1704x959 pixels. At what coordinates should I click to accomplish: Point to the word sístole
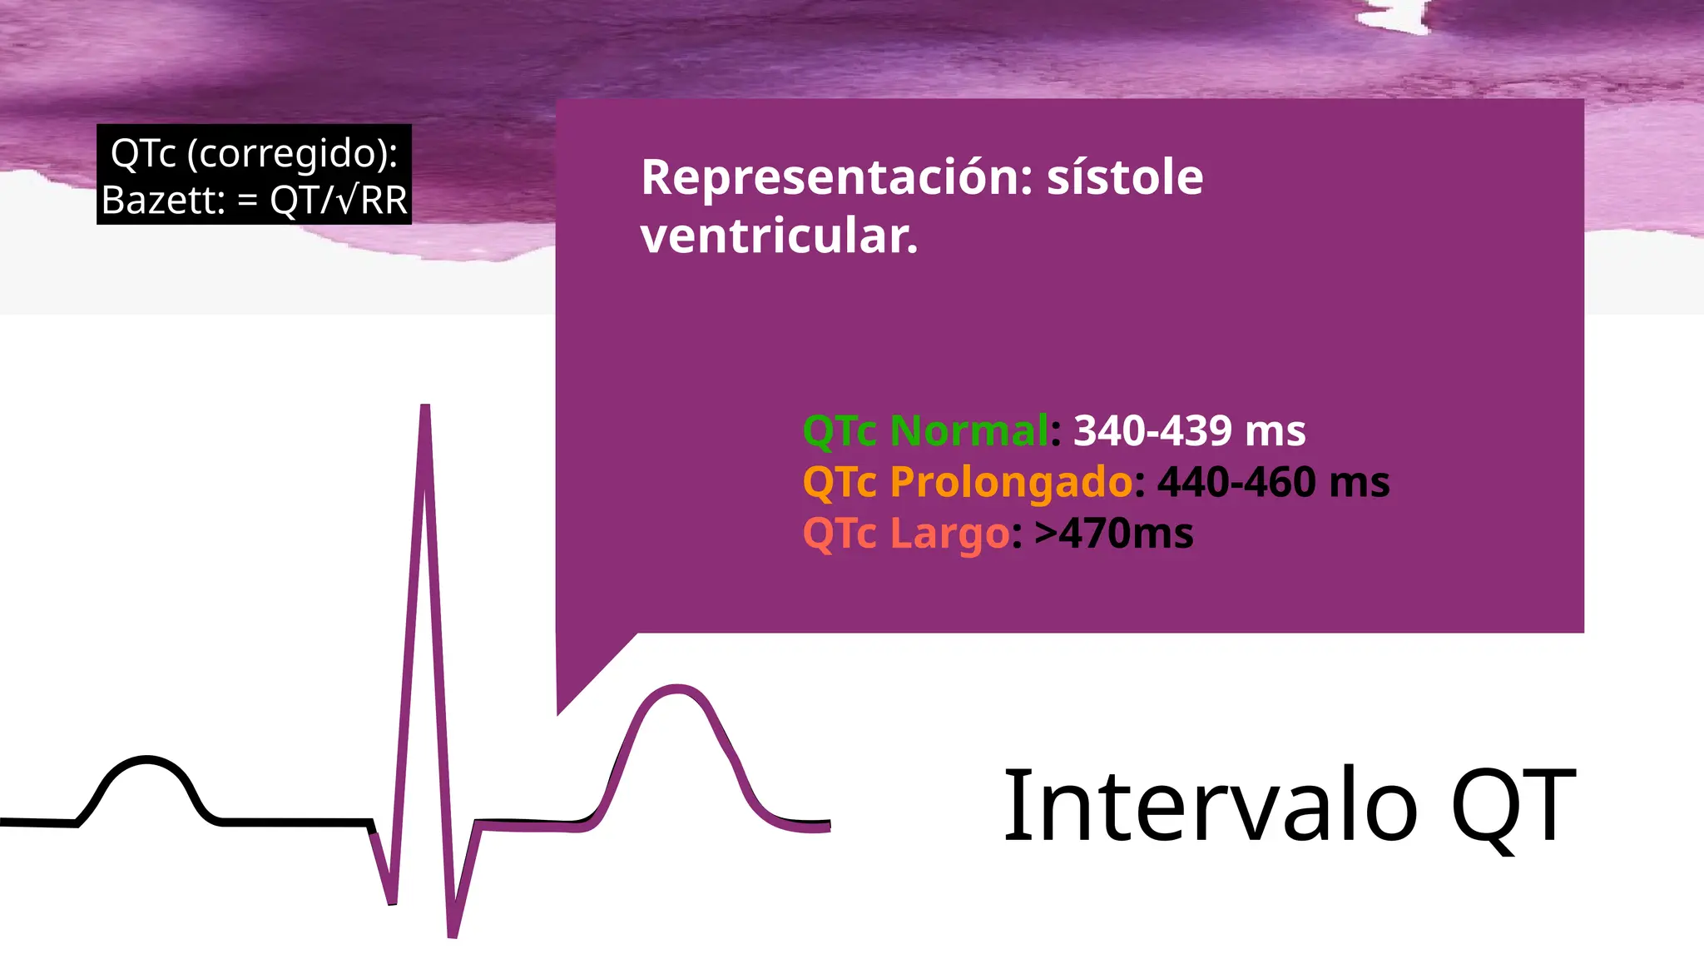tap(1124, 177)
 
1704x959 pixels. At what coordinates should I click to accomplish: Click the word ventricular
tap(779, 236)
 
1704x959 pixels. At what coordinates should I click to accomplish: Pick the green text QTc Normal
tap(925, 431)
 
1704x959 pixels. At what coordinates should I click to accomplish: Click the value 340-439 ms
tap(1189, 431)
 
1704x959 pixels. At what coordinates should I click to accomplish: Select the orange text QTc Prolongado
tap(967, 482)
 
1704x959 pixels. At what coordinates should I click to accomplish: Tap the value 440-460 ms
tap(1273, 482)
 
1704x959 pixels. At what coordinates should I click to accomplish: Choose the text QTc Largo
tap(906, 534)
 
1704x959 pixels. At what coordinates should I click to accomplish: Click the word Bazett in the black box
tap(161, 201)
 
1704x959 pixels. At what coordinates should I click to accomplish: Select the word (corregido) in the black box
tap(291, 153)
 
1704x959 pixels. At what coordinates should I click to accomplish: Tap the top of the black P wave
tap(147, 760)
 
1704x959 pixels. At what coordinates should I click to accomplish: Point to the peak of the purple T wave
tap(676, 689)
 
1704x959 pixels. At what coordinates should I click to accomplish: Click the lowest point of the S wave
tap(453, 933)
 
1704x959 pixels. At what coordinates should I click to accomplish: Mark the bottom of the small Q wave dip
tap(392, 901)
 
